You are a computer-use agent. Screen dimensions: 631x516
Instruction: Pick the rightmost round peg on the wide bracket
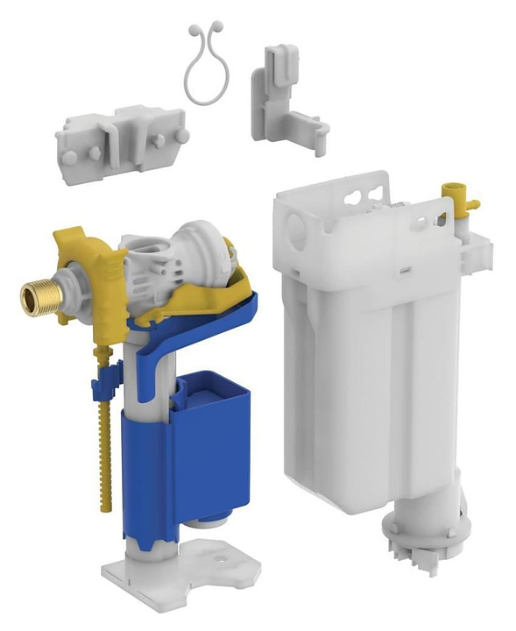181,136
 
